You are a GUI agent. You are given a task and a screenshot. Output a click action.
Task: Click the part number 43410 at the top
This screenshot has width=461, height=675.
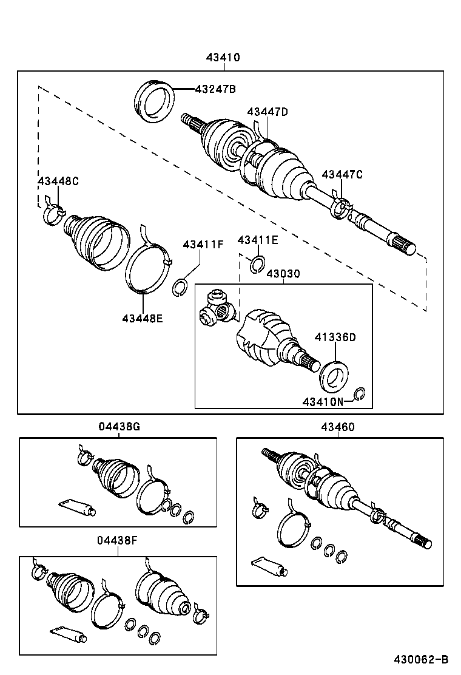[223, 58]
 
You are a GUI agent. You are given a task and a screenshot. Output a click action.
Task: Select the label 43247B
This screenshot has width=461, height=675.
[215, 89]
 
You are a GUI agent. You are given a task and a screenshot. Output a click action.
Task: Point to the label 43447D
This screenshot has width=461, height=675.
[268, 112]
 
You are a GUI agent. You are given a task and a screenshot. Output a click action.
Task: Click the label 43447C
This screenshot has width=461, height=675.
[342, 175]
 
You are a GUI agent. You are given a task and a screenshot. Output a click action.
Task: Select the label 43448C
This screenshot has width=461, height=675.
[58, 181]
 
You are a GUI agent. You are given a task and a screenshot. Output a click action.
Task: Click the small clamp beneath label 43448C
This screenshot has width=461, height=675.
[54, 213]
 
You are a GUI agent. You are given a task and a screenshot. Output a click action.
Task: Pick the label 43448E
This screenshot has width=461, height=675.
[143, 317]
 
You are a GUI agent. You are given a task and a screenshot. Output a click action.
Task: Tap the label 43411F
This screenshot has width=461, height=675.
[203, 245]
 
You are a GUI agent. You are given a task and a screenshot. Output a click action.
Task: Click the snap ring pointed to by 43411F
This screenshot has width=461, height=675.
[180, 287]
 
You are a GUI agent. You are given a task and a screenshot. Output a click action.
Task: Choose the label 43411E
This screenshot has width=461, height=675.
[258, 240]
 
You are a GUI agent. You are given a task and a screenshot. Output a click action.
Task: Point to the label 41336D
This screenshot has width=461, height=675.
[335, 337]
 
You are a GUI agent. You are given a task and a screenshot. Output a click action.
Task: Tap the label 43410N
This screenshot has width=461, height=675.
[323, 401]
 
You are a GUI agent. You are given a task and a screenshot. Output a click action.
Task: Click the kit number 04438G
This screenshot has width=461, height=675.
[119, 427]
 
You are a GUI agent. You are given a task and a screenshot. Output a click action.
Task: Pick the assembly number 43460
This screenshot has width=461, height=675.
[338, 427]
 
